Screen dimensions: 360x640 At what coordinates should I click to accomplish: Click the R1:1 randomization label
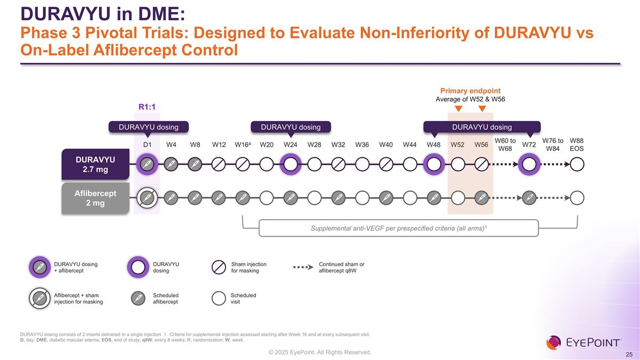pyautogui.click(x=147, y=107)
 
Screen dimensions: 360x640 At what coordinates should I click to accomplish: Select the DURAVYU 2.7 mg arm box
pyautogui.click(x=95, y=164)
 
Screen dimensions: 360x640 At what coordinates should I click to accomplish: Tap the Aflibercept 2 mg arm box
pyautogui.click(x=95, y=198)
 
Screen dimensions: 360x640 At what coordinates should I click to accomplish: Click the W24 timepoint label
pyautogui.click(x=290, y=145)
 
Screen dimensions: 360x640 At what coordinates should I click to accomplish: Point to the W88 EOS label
pyautogui.click(x=577, y=145)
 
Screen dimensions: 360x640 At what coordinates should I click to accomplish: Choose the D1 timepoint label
pyautogui.click(x=147, y=145)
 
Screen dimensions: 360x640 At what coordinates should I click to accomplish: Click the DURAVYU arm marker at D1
pyautogui.click(x=147, y=164)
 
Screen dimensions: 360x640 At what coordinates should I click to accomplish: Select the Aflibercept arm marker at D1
pyautogui.click(x=147, y=198)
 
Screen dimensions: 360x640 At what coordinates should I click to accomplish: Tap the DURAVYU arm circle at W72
pyautogui.click(x=529, y=164)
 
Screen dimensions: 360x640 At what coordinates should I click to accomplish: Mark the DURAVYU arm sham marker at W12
pyautogui.click(x=219, y=164)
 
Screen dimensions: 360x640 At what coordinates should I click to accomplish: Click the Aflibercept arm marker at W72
pyautogui.click(x=529, y=198)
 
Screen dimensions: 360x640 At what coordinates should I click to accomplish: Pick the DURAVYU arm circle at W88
pyautogui.click(x=577, y=164)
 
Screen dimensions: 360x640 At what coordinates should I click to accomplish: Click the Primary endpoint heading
pyautogui.click(x=469, y=91)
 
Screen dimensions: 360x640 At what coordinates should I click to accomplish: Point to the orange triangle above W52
pyautogui.click(x=458, y=109)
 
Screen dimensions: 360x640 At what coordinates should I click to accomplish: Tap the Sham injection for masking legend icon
pyautogui.click(x=219, y=267)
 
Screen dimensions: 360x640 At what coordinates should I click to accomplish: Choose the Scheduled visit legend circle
pyautogui.click(x=219, y=298)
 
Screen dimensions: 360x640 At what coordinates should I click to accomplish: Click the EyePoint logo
pyautogui.click(x=583, y=342)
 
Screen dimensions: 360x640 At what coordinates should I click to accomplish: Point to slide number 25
pyautogui.click(x=629, y=355)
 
